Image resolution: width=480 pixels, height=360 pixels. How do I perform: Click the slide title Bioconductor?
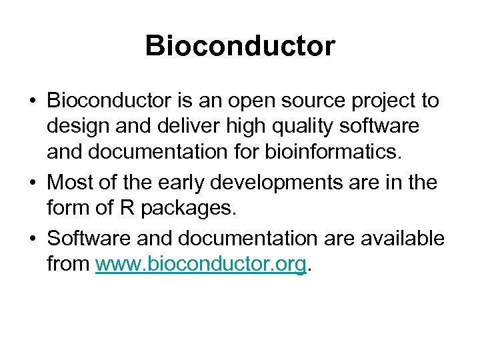pyautogui.click(x=240, y=46)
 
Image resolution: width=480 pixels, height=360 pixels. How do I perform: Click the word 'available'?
pyautogui.click(x=399, y=237)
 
